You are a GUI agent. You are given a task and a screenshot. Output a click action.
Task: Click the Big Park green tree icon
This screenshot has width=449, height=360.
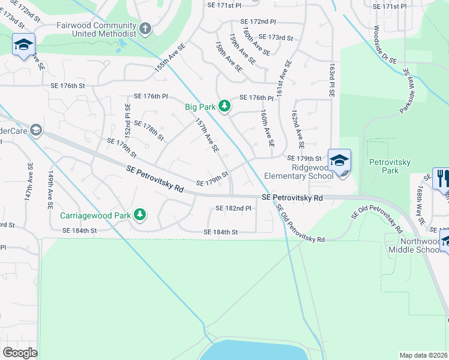(224, 106)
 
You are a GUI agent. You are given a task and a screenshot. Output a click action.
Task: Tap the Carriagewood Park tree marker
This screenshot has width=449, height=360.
(139, 214)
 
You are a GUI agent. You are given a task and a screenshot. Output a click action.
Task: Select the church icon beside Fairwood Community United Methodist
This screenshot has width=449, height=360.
(145, 29)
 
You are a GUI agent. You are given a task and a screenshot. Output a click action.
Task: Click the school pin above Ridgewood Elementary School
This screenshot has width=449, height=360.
(339, 161)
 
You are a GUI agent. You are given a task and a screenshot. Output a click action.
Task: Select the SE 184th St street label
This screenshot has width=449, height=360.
(221, 232)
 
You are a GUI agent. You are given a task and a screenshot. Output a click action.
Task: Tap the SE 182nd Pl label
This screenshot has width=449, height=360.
(233, 208)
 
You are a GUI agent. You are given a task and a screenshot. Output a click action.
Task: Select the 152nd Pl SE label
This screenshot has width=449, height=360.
(127, 119)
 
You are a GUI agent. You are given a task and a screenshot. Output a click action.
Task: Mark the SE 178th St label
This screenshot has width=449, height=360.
(148, 130)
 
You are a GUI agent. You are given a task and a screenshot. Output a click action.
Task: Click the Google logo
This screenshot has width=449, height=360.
(20, 353)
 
